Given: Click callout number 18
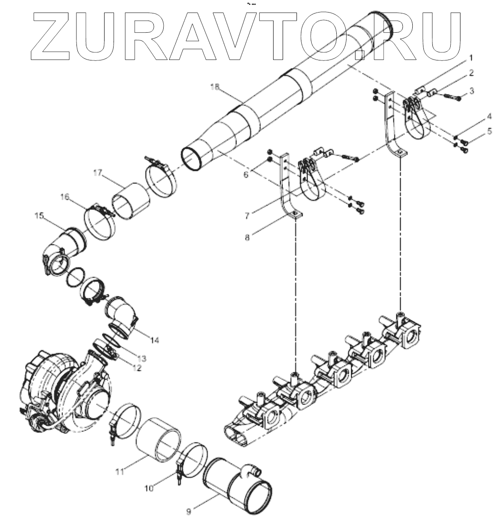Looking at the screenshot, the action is click(215, 87).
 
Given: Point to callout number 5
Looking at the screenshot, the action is click(490, 131).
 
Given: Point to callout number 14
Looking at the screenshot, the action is click(155, 340).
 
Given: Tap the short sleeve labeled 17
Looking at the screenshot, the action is click(130, 201).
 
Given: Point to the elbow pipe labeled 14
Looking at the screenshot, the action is click(123, 316).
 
